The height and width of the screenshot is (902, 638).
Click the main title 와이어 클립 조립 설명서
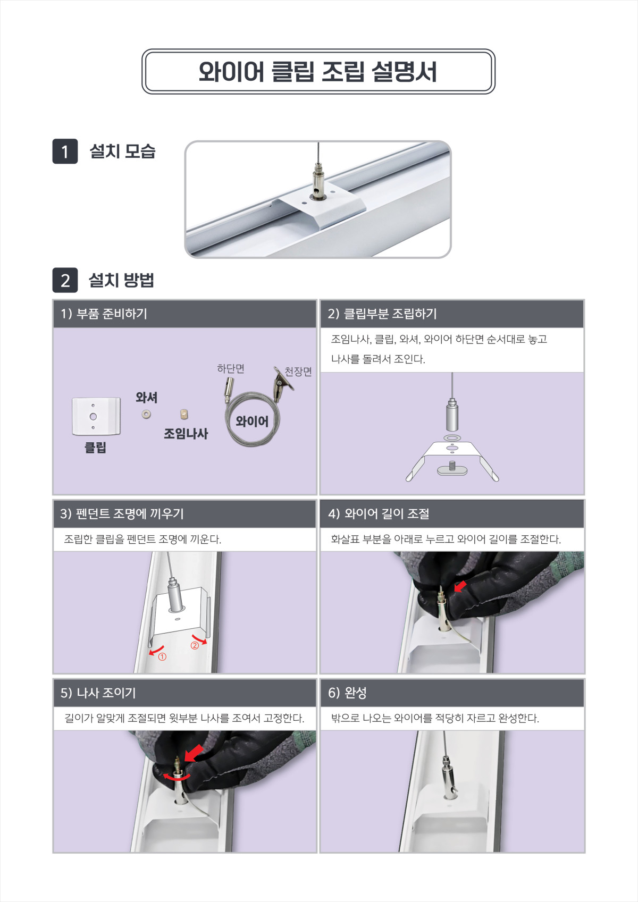click(x=318, y=72)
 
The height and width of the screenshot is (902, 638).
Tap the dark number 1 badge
click(x=65, y=151)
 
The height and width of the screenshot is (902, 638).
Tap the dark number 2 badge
click(x=65, y=280)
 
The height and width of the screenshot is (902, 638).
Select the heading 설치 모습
click(x=122, y=151)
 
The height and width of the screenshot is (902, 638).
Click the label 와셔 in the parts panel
click(x=146, y=398)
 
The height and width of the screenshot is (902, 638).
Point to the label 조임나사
click(x=186, y=434)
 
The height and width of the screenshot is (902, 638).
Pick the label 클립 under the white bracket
click(x=95, y=448)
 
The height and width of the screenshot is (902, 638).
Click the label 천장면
click(x=298, y=371)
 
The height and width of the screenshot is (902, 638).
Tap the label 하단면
click(x=230, y=368)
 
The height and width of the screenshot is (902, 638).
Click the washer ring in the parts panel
click(x=146, y=414)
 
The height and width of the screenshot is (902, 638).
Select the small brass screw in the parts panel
click(x=183, y=414)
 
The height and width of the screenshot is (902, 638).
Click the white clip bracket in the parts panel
click(x=96, y=416)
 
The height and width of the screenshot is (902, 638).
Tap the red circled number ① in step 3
click(x=162, y=657)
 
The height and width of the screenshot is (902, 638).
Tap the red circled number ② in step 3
click(x=195, y=645)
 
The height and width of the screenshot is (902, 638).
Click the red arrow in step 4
click(x=460, y=586)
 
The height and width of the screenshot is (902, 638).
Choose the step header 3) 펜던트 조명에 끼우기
click(x=122, y=514)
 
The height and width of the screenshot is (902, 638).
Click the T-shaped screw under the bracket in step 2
click(x=452, y=469)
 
